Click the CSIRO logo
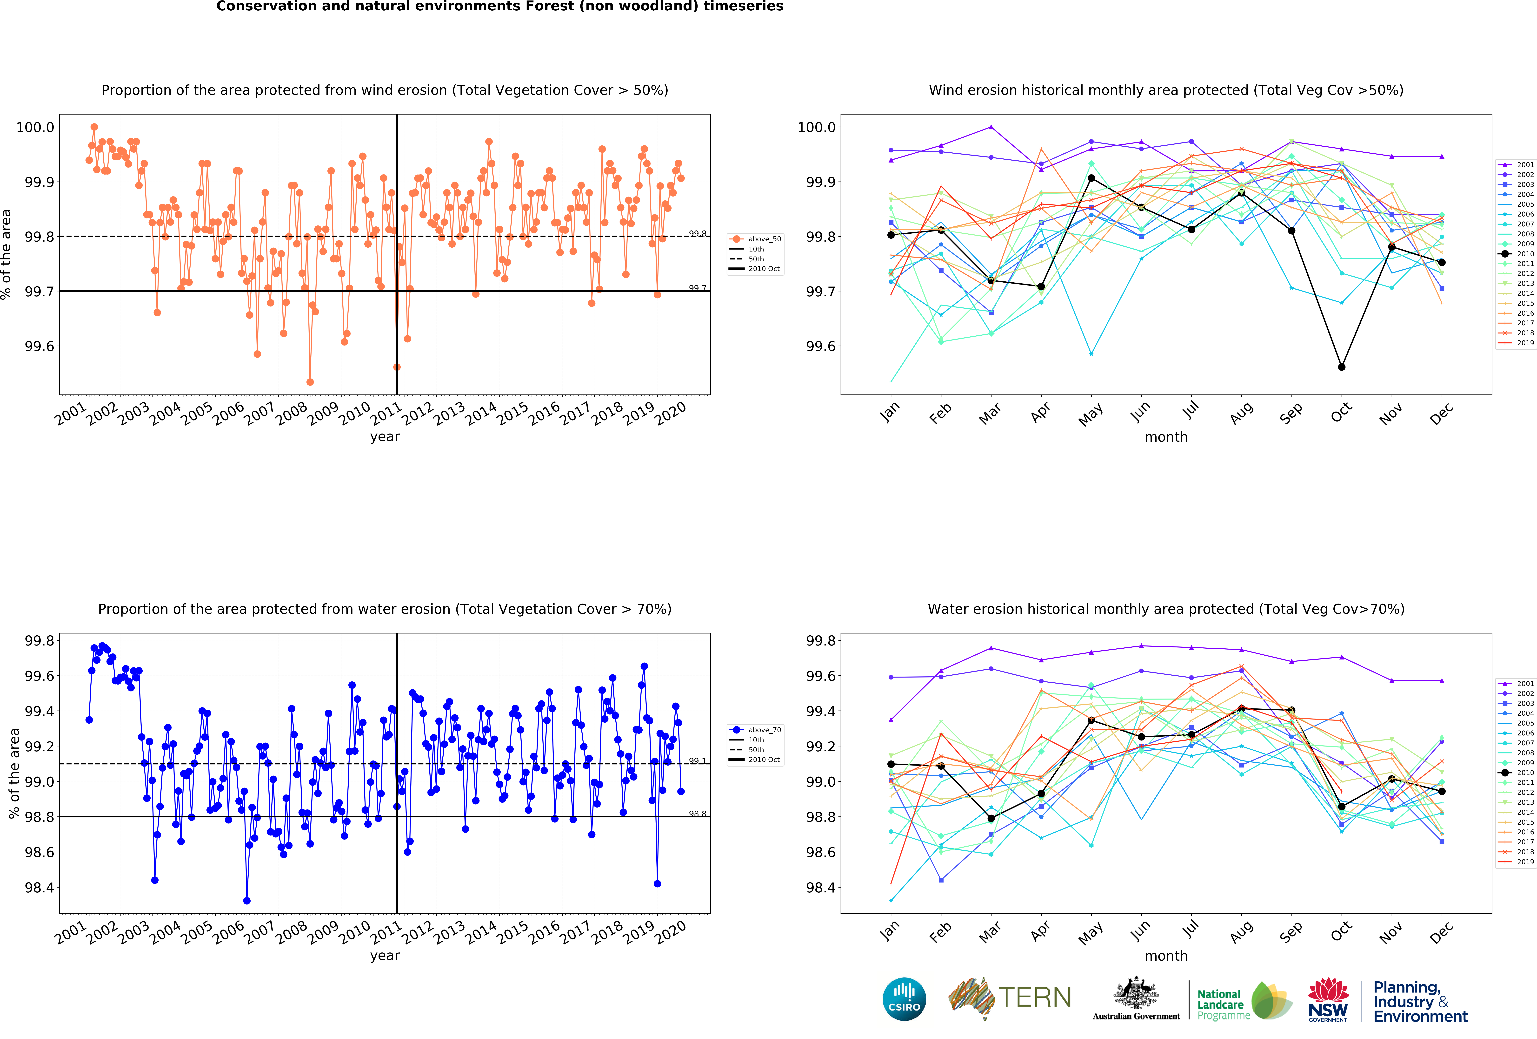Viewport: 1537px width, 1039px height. point(904,999)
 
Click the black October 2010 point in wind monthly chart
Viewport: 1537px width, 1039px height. point(1341,367)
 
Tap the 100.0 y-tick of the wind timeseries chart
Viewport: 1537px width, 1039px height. point(35,127)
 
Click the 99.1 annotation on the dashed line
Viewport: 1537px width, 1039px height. point(697,760)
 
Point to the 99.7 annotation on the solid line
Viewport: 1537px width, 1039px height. point(697,288)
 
